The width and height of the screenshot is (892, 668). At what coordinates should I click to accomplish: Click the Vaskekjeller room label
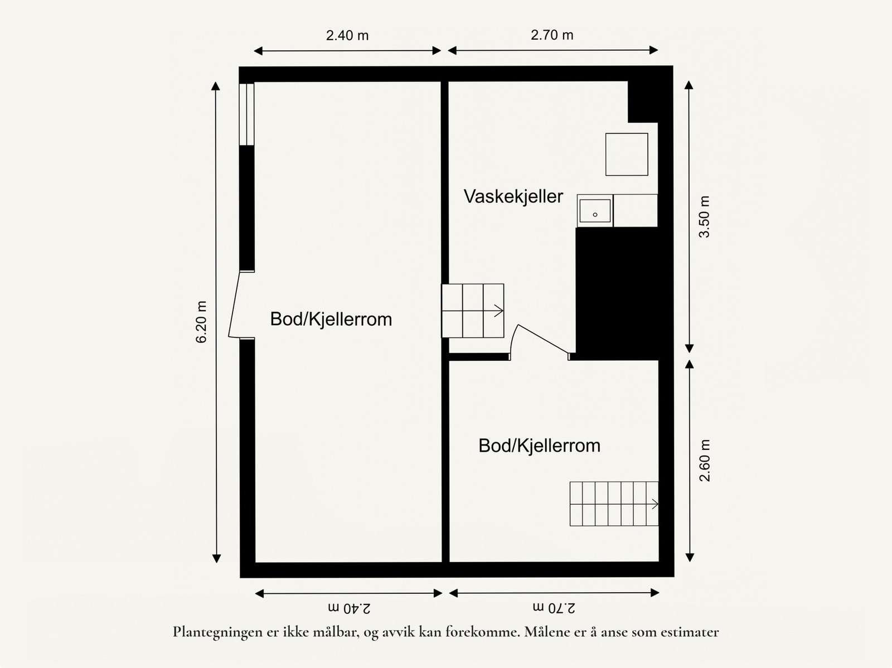point(513,197)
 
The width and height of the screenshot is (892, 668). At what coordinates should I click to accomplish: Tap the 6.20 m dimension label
point(202,322)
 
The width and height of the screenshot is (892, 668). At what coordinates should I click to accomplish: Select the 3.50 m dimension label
point(705,217)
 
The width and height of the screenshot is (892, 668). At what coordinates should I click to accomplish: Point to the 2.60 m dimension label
point(705,461)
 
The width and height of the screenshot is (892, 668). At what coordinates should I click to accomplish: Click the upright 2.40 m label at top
point(347,36)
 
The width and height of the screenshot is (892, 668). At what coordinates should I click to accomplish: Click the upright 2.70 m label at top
point(552,35)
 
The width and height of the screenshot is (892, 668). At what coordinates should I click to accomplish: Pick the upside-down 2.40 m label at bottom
point(348,607)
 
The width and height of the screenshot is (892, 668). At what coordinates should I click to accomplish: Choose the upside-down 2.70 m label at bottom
point(554,607)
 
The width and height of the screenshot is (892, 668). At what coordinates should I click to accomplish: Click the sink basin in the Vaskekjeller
point(595,211)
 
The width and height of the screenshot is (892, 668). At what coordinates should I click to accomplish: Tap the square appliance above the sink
point(627,154)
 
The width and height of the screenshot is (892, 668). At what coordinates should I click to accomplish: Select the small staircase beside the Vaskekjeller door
point(473,311)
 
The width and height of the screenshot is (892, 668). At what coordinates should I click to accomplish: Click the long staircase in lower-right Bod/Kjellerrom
point(614,504)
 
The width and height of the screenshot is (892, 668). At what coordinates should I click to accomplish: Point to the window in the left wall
point(246,114)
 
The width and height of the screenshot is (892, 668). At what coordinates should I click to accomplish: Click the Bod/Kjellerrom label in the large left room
point(331,320)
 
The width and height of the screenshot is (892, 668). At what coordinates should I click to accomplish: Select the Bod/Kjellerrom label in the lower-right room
point(539,446)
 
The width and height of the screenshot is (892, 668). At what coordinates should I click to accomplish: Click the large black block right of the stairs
point(617,293)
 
